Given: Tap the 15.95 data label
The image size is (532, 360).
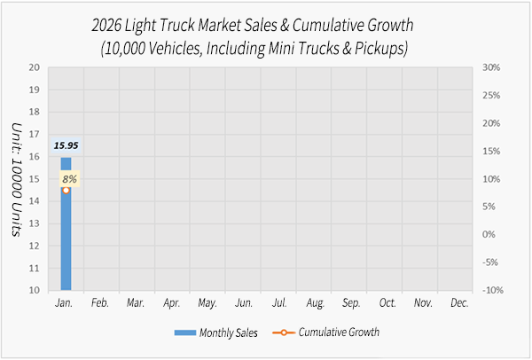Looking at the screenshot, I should (66, 145).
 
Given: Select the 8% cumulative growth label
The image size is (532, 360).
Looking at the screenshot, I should (69, 179).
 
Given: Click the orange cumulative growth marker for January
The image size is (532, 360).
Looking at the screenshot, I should (66, 190).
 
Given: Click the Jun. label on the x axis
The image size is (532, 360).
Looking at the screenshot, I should (244, 303).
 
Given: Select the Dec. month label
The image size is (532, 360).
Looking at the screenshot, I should (459, 303).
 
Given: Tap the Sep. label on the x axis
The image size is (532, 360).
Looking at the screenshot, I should (351, 303).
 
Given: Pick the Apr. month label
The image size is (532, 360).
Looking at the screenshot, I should (172, 303).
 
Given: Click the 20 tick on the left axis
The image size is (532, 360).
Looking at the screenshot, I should (34, 67).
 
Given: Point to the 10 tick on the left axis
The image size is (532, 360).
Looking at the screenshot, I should (34, 290).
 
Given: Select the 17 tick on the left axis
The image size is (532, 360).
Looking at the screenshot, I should (34, 134).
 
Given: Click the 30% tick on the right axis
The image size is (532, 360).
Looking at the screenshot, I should (492, 67).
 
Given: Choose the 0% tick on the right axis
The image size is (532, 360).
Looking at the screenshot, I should (489, 234).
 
